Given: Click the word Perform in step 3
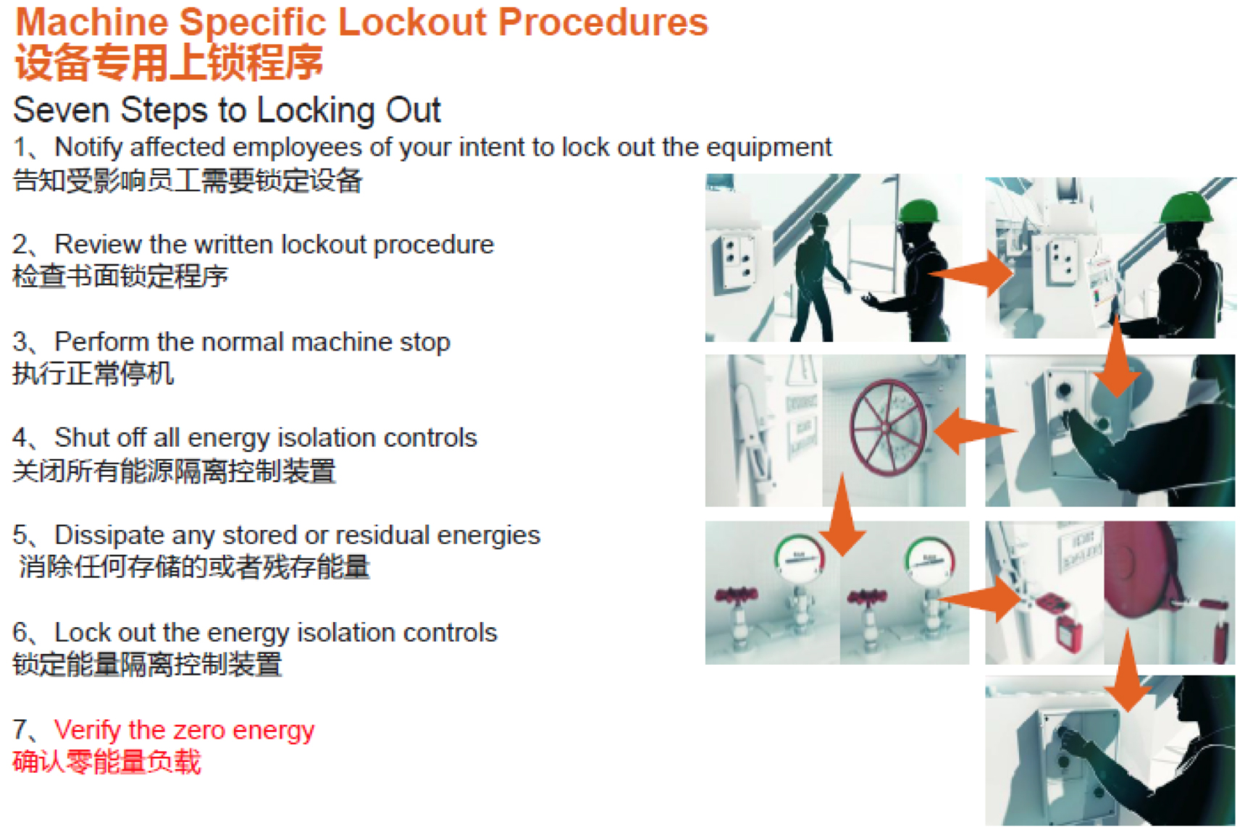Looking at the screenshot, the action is point(102,342).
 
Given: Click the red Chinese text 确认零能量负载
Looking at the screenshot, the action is point(106,762).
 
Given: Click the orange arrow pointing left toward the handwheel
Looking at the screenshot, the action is point(975,431).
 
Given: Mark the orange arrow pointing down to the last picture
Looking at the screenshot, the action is point(1127,670).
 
